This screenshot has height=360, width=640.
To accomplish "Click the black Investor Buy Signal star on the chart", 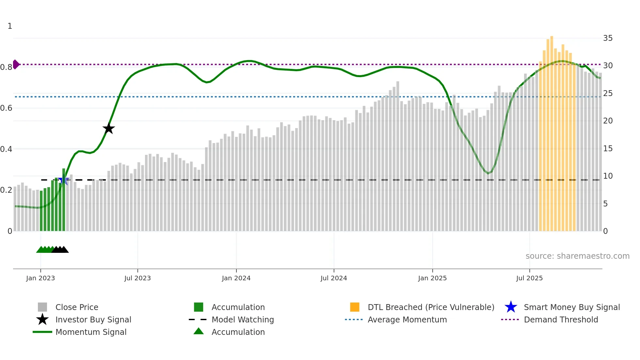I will click(109, 128).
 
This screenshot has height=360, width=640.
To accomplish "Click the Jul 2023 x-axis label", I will click(137, 278).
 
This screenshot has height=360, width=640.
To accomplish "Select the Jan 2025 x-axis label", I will click(432, 278).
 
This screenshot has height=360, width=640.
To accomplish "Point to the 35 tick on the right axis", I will click(608, 38).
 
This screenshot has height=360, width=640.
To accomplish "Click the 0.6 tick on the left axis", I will click(7, 108).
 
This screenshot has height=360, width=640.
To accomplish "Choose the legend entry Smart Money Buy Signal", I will click(571, 307).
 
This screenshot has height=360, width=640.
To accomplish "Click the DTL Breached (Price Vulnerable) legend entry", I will click(431, 307).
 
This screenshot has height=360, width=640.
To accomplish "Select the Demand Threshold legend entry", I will click(561, 319).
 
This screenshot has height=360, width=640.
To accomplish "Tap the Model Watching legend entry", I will click(242, 319).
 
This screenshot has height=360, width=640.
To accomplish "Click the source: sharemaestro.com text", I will click(577, 256).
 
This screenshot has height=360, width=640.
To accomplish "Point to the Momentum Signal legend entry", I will click(91, 332).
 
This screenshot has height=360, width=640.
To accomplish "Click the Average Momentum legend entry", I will click(407, 319).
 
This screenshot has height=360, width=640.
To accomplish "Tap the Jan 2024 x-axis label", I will click(236, 278).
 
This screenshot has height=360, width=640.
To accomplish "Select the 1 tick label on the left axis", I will click(10, 26).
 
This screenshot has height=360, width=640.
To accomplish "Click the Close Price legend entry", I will click(76, 307).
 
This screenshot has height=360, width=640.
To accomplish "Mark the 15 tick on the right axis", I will click(608, 149).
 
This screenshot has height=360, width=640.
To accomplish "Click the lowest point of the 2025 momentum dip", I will click(488, 173).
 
